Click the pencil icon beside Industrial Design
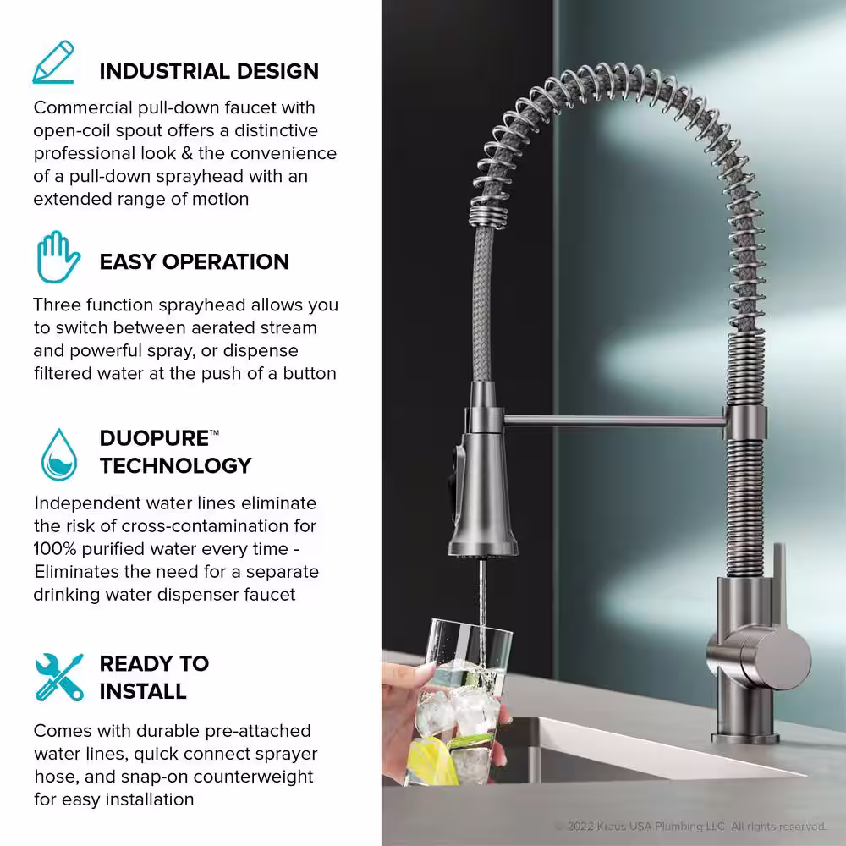[53, 62]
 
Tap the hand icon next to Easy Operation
[58, 257]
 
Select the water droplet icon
[59, 454]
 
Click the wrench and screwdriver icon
[59, 677]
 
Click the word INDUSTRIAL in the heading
[165, 71]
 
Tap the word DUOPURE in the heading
[154, 438]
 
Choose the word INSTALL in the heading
[143, 691]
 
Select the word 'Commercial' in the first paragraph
[83, 107]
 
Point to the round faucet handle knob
[776, 661]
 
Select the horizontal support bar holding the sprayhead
[614, 420]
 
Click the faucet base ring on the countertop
[745, 738]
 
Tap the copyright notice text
[690, 827]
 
